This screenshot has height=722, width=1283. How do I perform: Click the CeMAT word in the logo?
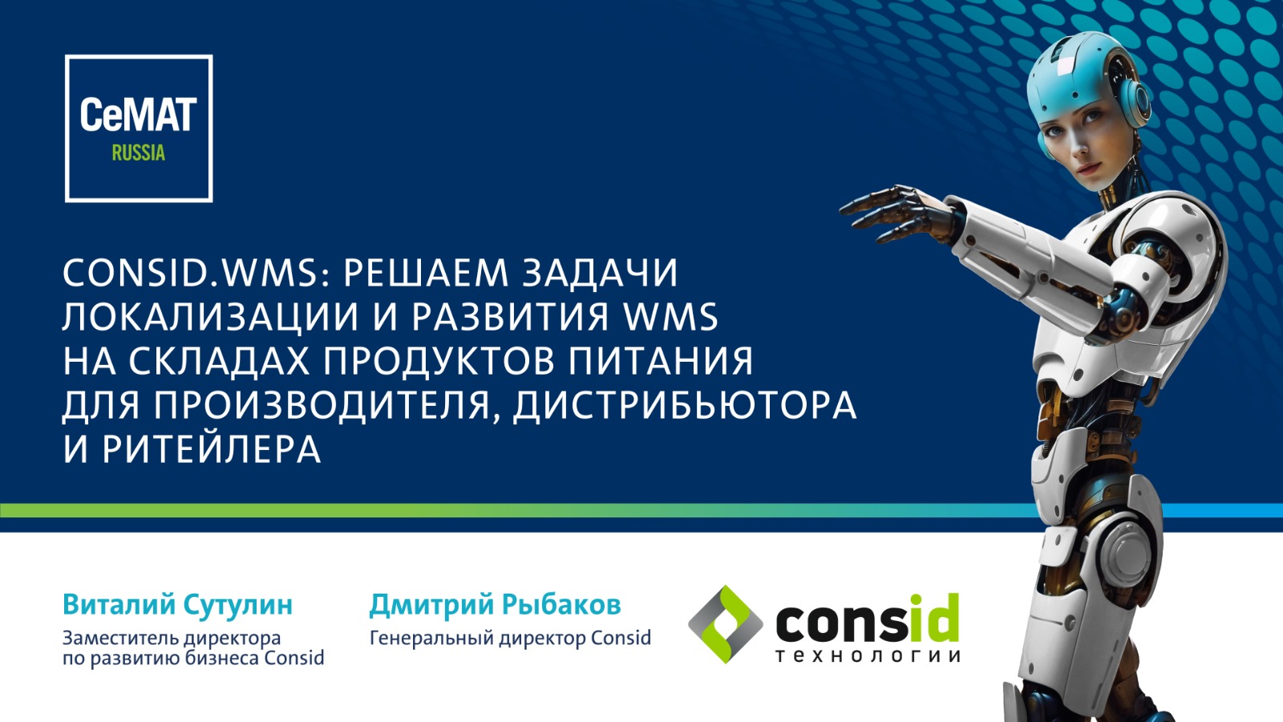click(x=139, y=115)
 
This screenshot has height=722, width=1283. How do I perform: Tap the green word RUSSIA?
click(x=139, y=153)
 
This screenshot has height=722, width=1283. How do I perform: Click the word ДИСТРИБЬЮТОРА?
click(x=685, y=405)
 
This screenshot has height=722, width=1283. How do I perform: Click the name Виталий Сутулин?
click(x=177, y=605)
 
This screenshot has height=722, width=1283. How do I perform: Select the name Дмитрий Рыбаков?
click(x=496, y=605)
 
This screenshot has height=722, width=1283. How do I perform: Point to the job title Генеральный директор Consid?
click(x=510, y=638)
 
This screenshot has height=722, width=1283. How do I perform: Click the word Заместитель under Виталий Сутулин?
click(x=115, y=638)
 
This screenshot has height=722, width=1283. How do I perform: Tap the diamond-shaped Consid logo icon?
click(x=725, y=624)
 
